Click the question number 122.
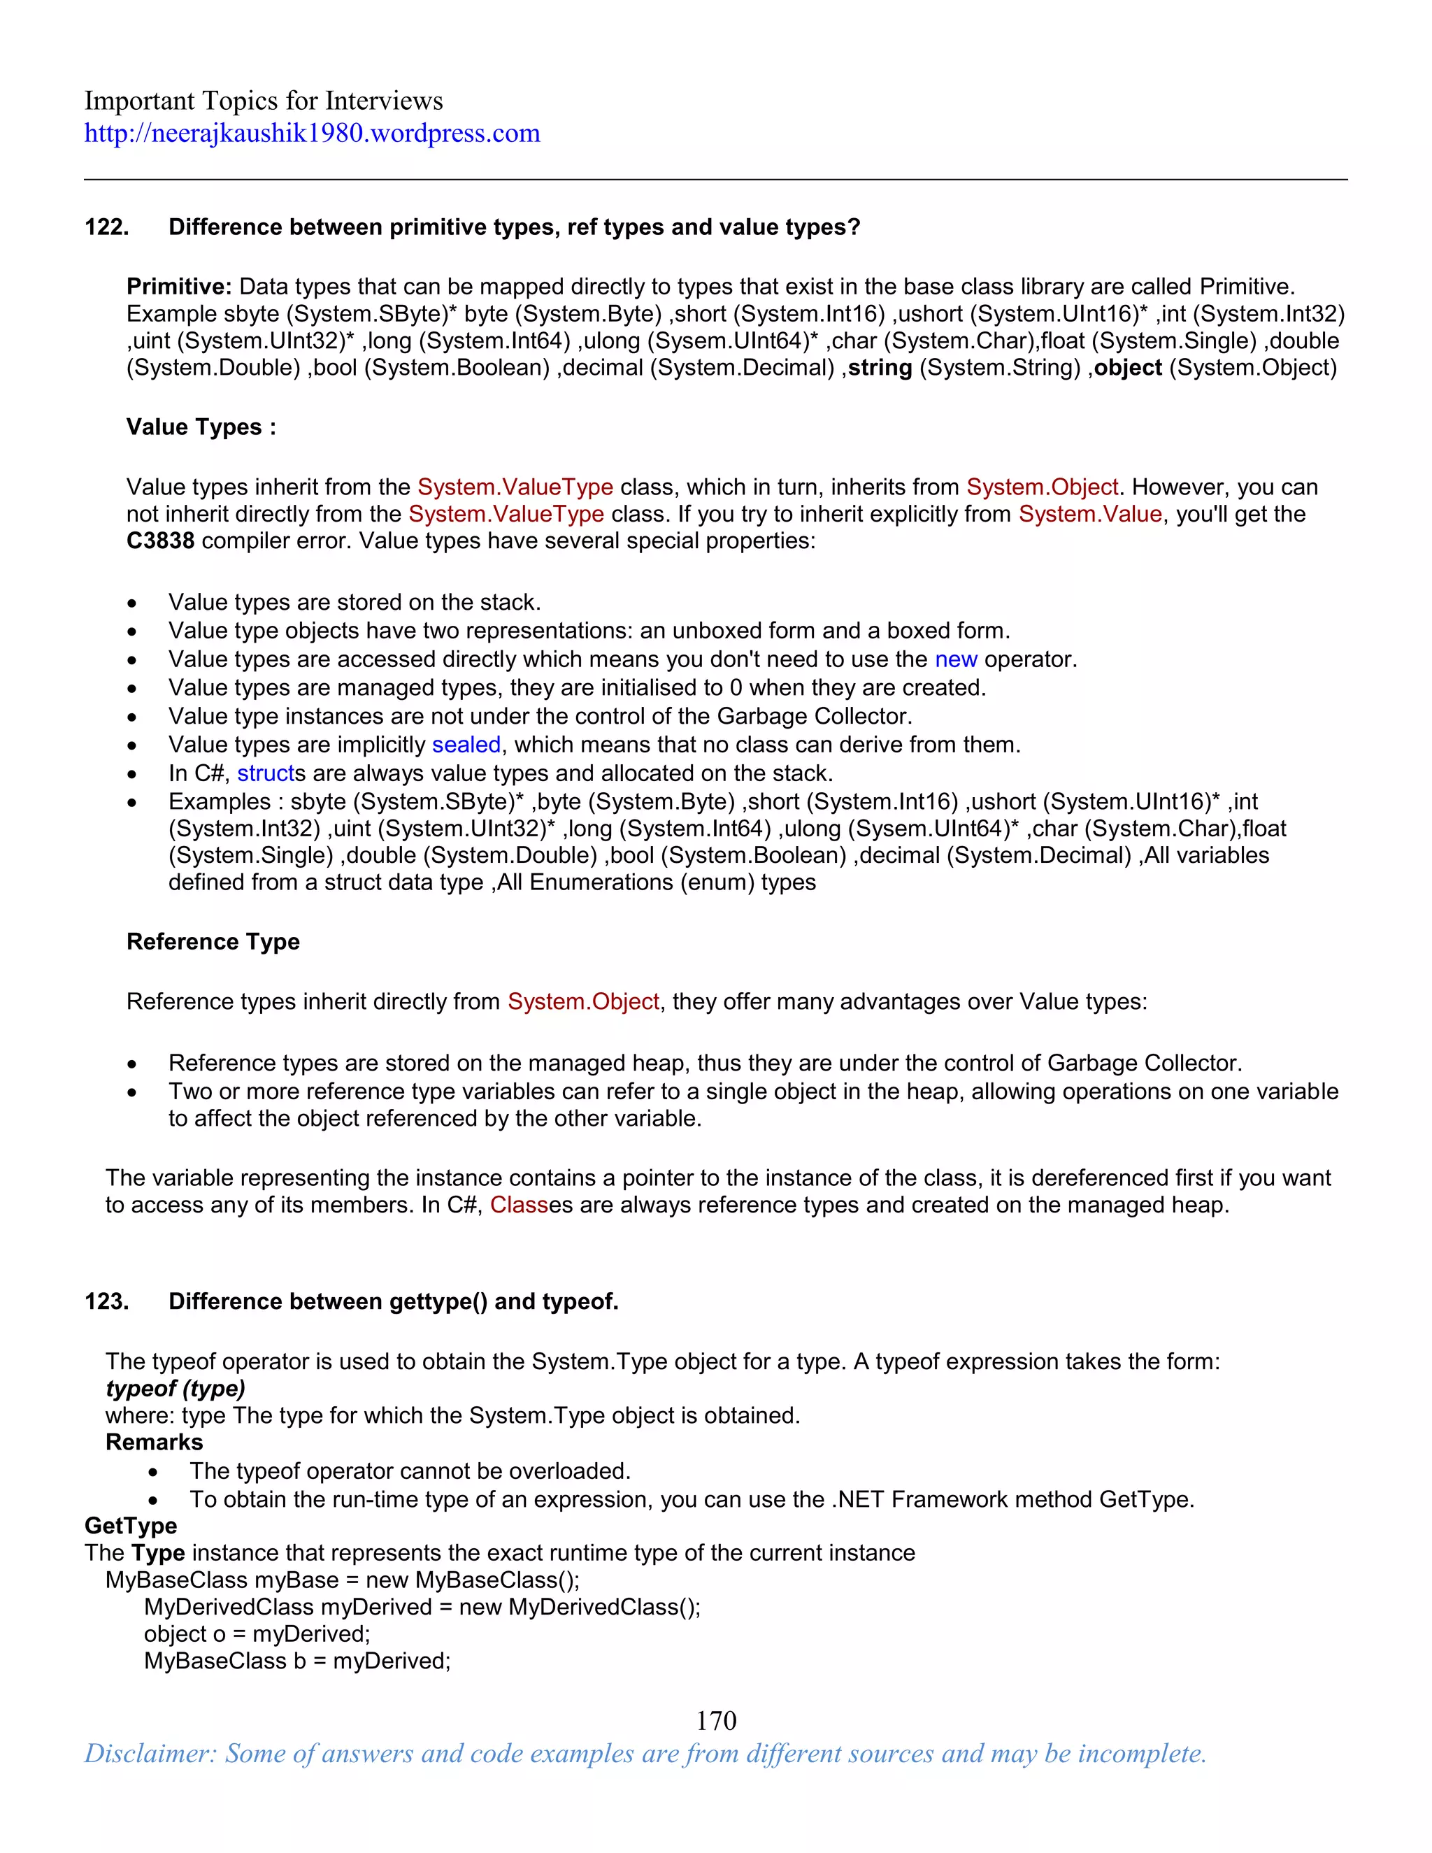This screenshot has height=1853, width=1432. pos(106,227)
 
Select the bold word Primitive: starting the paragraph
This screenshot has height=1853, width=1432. pos(179,287)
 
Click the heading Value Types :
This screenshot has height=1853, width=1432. pos(201,427)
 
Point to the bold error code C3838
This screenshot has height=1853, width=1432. pos(160,541)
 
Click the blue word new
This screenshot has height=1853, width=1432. pos(955,659)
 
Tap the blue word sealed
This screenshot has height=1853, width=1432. pos(466,745)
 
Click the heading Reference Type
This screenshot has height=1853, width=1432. pos(213,942)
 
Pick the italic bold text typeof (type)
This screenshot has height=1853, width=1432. pos(176,1389)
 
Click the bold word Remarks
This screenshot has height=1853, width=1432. pos(155,1443)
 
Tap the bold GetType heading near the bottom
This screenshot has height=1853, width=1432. pos(131,1526)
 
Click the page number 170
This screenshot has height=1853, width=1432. pos(716,1721)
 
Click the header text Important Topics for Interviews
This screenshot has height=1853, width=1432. pos(263,101)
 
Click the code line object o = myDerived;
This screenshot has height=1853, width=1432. pos(257,1634)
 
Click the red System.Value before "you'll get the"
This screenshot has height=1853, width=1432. pos(1089,514)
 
